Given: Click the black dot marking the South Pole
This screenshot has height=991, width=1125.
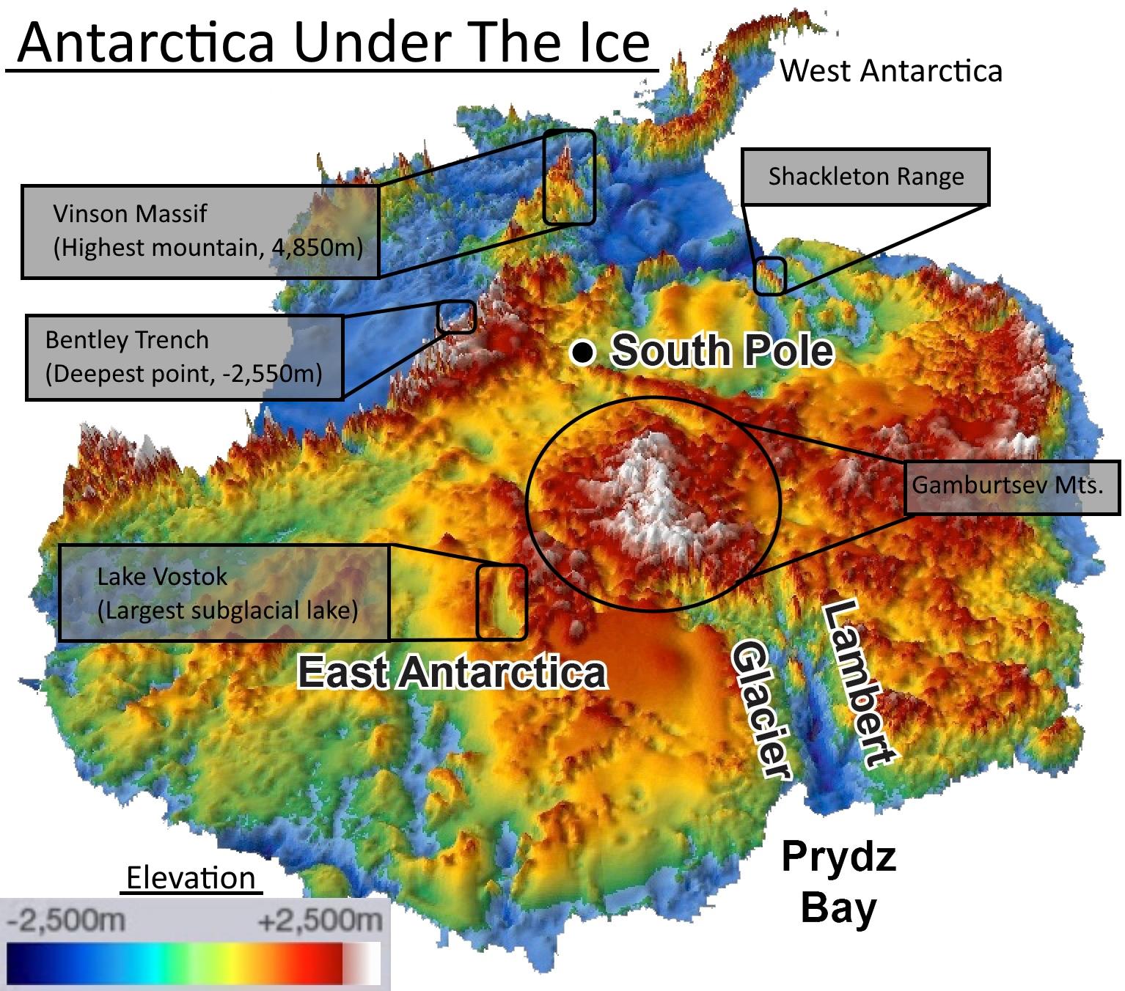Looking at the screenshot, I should pos(582,353).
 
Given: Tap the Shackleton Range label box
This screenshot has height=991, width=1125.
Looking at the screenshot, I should pos(865,177).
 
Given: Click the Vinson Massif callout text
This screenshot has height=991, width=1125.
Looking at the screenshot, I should pos(208,231).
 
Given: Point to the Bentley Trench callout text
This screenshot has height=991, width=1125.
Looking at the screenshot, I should pos(183,357).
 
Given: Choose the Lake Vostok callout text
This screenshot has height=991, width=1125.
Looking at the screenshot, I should pos(227,593).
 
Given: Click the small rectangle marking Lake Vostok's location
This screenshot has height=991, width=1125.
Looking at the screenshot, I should pos(502,602).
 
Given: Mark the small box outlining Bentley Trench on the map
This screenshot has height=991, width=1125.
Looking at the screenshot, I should pos(456,317).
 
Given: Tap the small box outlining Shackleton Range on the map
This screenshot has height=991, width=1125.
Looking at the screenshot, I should pos(770,276).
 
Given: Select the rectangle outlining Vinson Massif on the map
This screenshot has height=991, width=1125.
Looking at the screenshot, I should pos(568,177).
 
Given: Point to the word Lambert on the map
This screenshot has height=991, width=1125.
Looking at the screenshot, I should pos(858,682).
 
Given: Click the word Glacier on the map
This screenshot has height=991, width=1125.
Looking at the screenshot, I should pos(761,707).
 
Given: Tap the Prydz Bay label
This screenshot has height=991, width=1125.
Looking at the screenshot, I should pos(838,881).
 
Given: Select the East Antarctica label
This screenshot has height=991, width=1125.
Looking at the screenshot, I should pos(452,672).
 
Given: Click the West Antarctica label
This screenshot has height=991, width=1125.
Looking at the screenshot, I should pos(890,71).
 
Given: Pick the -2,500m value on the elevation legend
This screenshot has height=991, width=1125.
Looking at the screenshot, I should pos(66,919).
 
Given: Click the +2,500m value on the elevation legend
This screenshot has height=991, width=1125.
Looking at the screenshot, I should pos(320,919).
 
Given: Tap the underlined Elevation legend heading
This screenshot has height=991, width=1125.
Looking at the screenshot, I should pos(191,878).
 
